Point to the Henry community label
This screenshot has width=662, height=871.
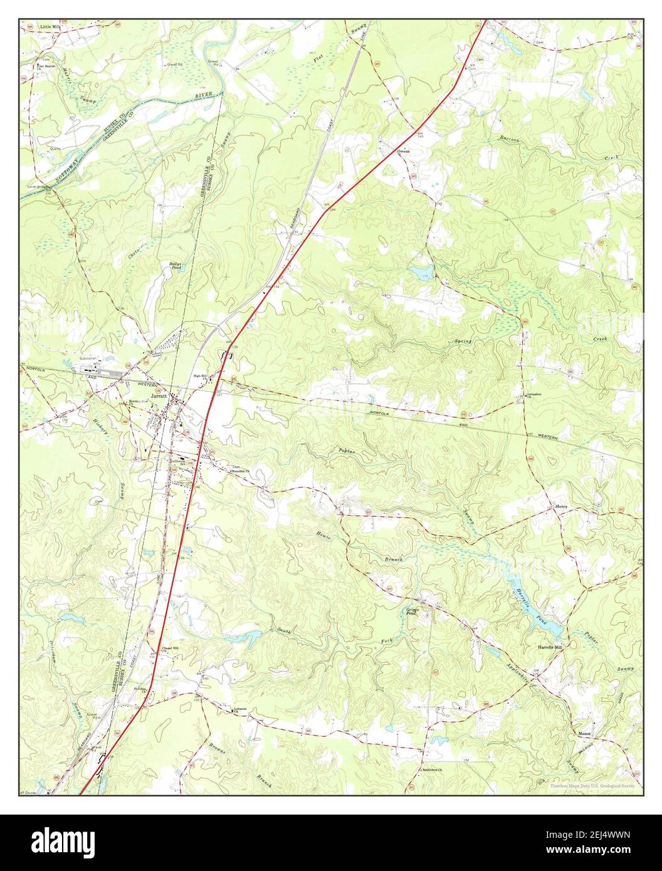[561, 506]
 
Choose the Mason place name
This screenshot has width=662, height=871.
[584, 733]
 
